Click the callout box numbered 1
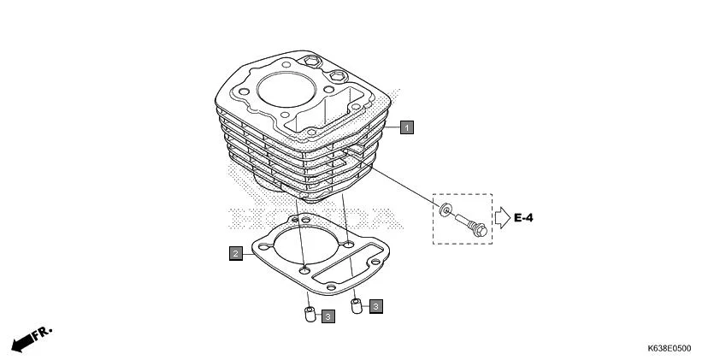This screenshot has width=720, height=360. click(x=407, y=127)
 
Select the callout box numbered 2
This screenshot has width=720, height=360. click(x=234, y=253)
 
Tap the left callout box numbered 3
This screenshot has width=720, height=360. click(x=328, y=316)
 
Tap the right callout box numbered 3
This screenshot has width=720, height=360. click(x=376, y=304)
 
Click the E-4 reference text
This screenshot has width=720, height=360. click(x=523, y=219)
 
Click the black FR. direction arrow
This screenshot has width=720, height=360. click(x=23, y=343)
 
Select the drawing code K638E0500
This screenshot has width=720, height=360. click(x=670, y=349)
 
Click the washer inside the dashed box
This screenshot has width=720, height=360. click(x=446, y=212)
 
